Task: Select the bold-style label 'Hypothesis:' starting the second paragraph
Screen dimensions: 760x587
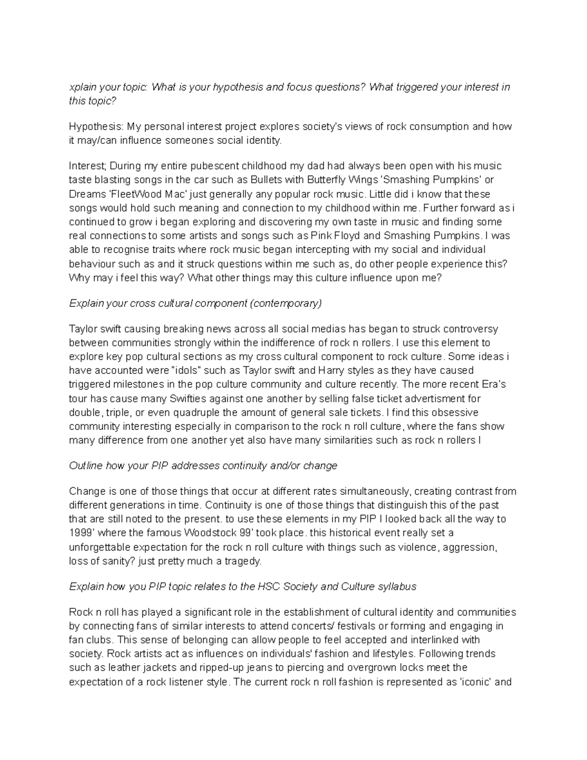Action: click(96, 127)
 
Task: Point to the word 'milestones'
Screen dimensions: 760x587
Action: click(135, 385)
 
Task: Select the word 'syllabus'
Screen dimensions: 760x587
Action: click(397, 586)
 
